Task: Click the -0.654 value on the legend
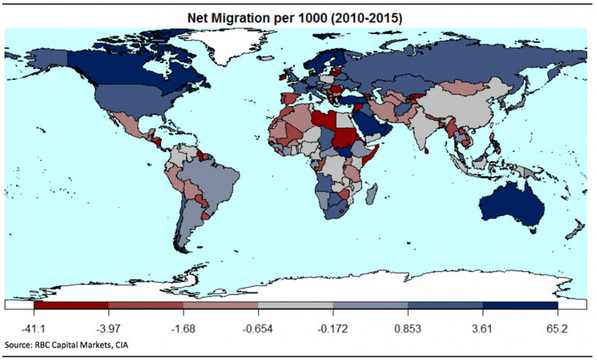(x=258, y=328)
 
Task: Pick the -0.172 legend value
(x=333, y=328)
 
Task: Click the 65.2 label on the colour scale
(x=557, y=328)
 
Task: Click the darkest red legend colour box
(x=72, y=306)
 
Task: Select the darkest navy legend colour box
(x=520, y=306)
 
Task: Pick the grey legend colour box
(x=295, y=306)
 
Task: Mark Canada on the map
(x=117, y=66)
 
